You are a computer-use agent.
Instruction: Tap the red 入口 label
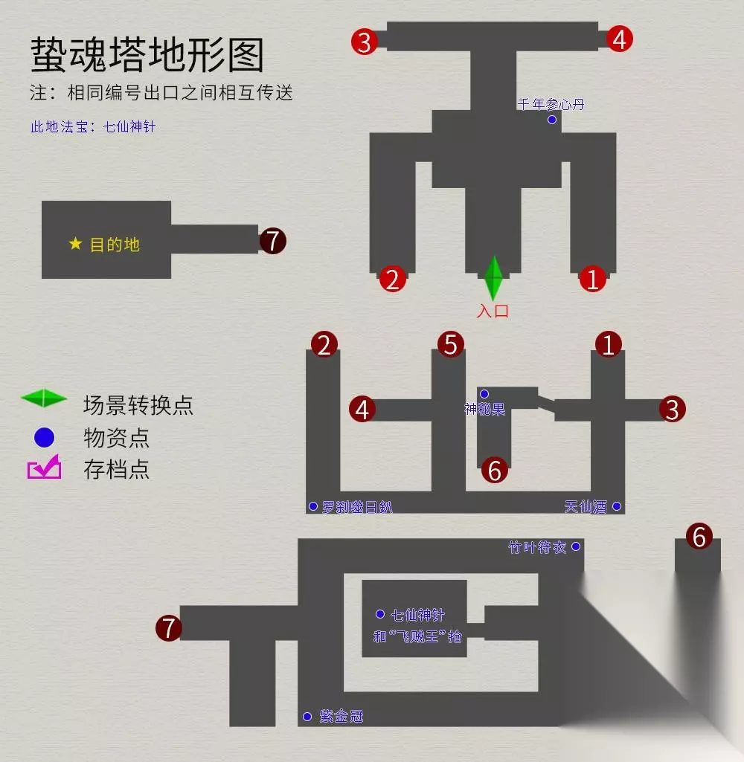tap(493, 311)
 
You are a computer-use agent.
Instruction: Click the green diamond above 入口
tap(493, 278)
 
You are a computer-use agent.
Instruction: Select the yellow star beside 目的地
tap(75, 244)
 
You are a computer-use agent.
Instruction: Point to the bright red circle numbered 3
tap(364, 42)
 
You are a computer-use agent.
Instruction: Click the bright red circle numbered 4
tap(619, 39)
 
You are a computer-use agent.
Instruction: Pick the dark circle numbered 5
tap(450, 345)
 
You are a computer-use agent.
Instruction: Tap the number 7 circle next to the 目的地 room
tap(272, 241)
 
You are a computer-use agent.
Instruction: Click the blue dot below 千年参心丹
tap(552, 120)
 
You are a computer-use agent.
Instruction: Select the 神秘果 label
tap(484, 409)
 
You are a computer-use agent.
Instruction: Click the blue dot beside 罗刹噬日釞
tap(313, 506)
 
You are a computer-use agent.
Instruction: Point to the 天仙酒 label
tap(586, 507)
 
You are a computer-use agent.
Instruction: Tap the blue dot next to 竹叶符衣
tap(576, 546)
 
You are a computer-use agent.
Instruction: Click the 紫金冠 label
tap(341, 717)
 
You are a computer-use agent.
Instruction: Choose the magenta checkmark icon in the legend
tap(45, 468)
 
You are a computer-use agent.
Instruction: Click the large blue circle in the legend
tap(45, 438)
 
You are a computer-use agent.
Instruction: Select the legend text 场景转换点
tap(138, 405)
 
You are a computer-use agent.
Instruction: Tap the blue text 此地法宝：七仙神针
tap(93, 126)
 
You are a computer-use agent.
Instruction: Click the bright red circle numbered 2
tap(393, 280)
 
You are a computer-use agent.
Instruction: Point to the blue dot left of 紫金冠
tap(307, 717)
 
